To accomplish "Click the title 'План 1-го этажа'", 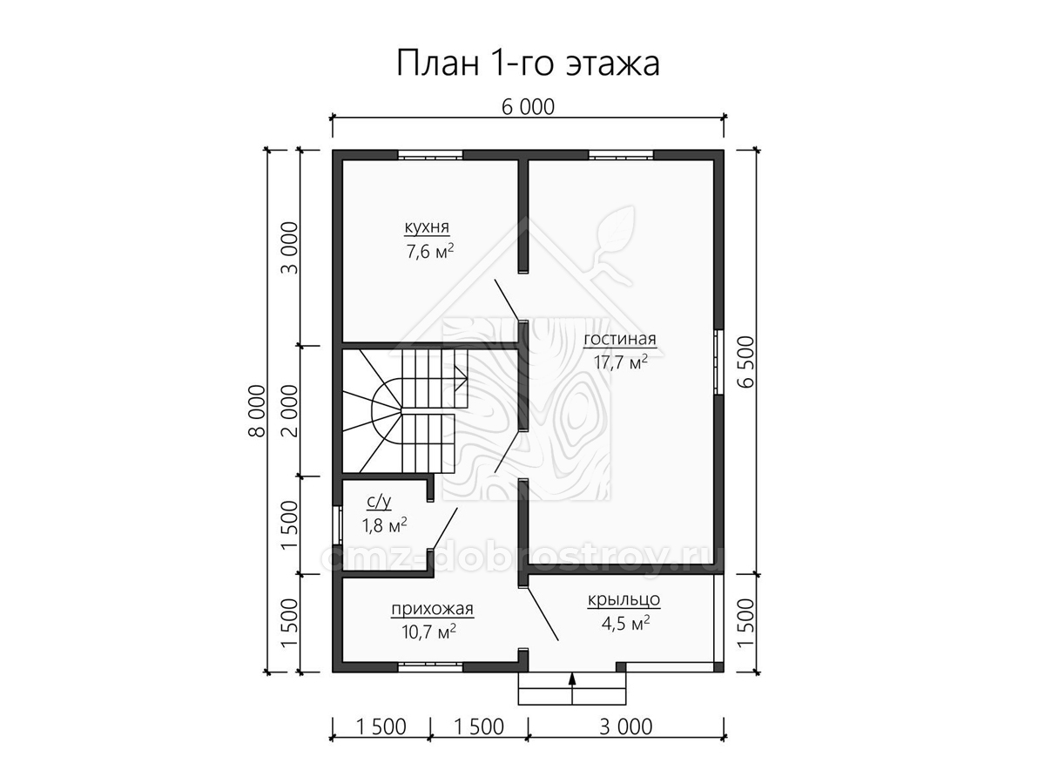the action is pos(528,64).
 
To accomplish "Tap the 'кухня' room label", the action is pos(427,227).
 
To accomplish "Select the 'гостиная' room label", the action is pos(620,339).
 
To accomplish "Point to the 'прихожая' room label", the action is pos(432,609).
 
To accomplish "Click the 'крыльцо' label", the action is pos(624,599).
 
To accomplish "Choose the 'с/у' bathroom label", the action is pos(379,501).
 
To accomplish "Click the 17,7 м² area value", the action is pos(620,362).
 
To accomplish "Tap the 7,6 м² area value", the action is pos(429,251).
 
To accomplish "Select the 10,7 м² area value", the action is pos(429,632).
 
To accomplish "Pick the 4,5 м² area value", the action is pos(625,623).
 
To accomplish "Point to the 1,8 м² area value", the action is pos(384,525).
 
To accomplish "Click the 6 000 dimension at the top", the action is pos(528,107).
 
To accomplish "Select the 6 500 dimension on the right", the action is pos(747,362).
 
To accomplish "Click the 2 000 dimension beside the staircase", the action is pos(289,411).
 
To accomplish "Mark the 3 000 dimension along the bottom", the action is pos(625,727).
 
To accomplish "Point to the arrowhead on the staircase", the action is pos(460,378).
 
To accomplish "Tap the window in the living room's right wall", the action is pos(719,362).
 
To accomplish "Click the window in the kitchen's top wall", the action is pos(430,155).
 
